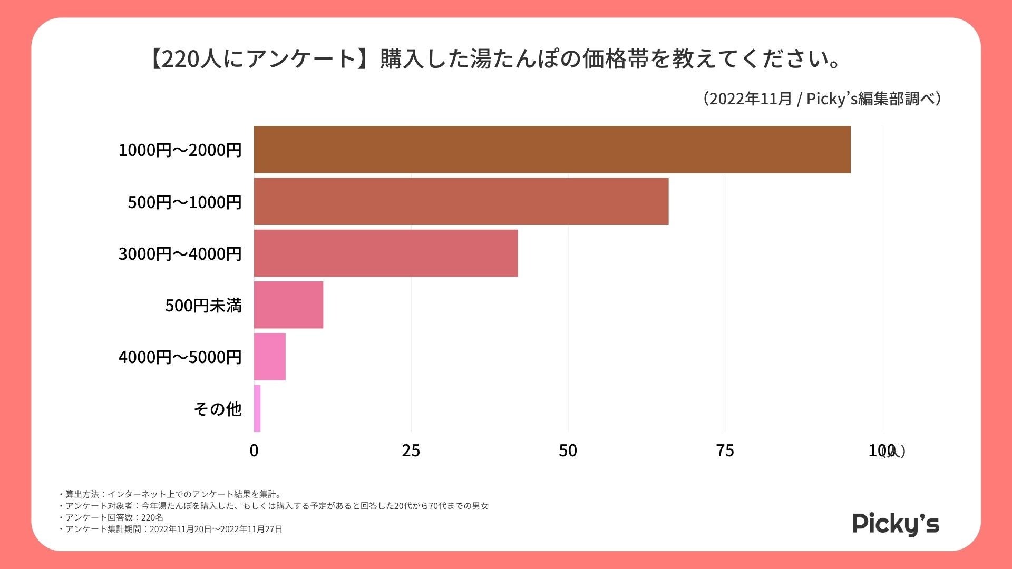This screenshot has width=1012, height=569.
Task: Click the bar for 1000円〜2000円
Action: (552, 150)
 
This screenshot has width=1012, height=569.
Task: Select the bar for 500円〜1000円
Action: (461, 201)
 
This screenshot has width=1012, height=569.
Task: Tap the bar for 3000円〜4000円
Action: (386, 253)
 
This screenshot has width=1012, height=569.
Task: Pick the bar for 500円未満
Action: (288, 305)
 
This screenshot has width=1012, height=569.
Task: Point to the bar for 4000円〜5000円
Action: (270, 356)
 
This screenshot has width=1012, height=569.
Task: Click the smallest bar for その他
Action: (257, 408)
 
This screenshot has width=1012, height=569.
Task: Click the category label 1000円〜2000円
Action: (180, 150)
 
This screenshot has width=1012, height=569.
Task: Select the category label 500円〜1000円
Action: (184, 202)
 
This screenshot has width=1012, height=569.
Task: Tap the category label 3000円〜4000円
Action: (180, 253)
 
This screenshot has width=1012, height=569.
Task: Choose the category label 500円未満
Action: (203, 305)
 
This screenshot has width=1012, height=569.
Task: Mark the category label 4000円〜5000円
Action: (180, 357)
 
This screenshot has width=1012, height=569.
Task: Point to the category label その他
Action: (217, 408)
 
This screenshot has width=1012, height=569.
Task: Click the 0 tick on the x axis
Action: (254, 450)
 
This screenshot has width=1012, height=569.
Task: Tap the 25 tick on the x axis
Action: (411, 450)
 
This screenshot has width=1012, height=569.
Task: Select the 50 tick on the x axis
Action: (568, 450)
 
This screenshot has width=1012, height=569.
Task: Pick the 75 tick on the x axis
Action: (725, 450)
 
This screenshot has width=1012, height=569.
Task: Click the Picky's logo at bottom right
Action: (896, 524)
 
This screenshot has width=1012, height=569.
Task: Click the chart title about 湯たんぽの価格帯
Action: (495, 59)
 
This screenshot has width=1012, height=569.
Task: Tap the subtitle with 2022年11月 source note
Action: (822, 99)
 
